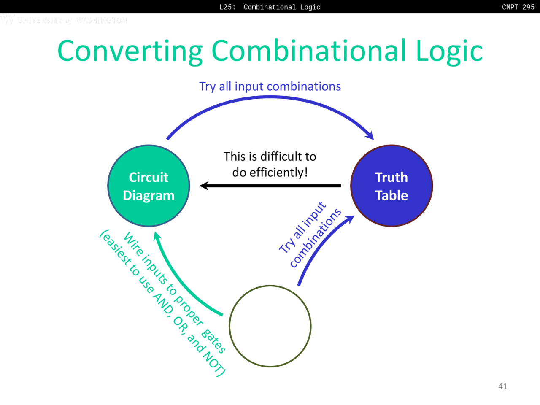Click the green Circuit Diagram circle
148,186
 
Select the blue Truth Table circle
391,186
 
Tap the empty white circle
270,326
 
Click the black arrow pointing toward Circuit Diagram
270,186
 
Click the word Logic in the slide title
449,51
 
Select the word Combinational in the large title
308,51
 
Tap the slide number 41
502,386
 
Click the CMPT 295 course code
518,7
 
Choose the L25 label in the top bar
227,7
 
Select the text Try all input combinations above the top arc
270,86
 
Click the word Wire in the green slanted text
132,243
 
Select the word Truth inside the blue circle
391,177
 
